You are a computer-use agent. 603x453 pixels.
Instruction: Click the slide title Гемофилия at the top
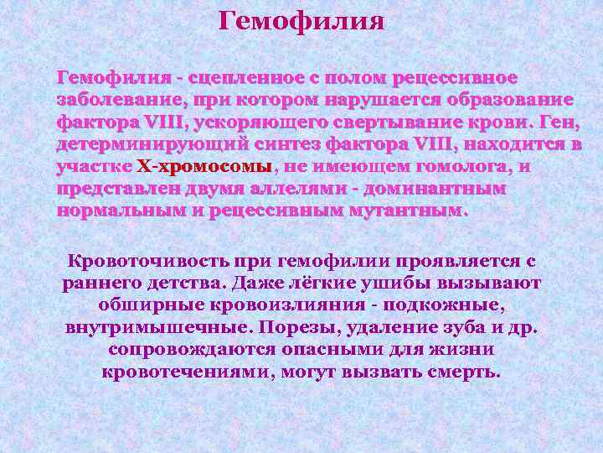tap(301, 19)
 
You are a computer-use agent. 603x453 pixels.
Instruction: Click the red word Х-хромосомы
tap(204, 165)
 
